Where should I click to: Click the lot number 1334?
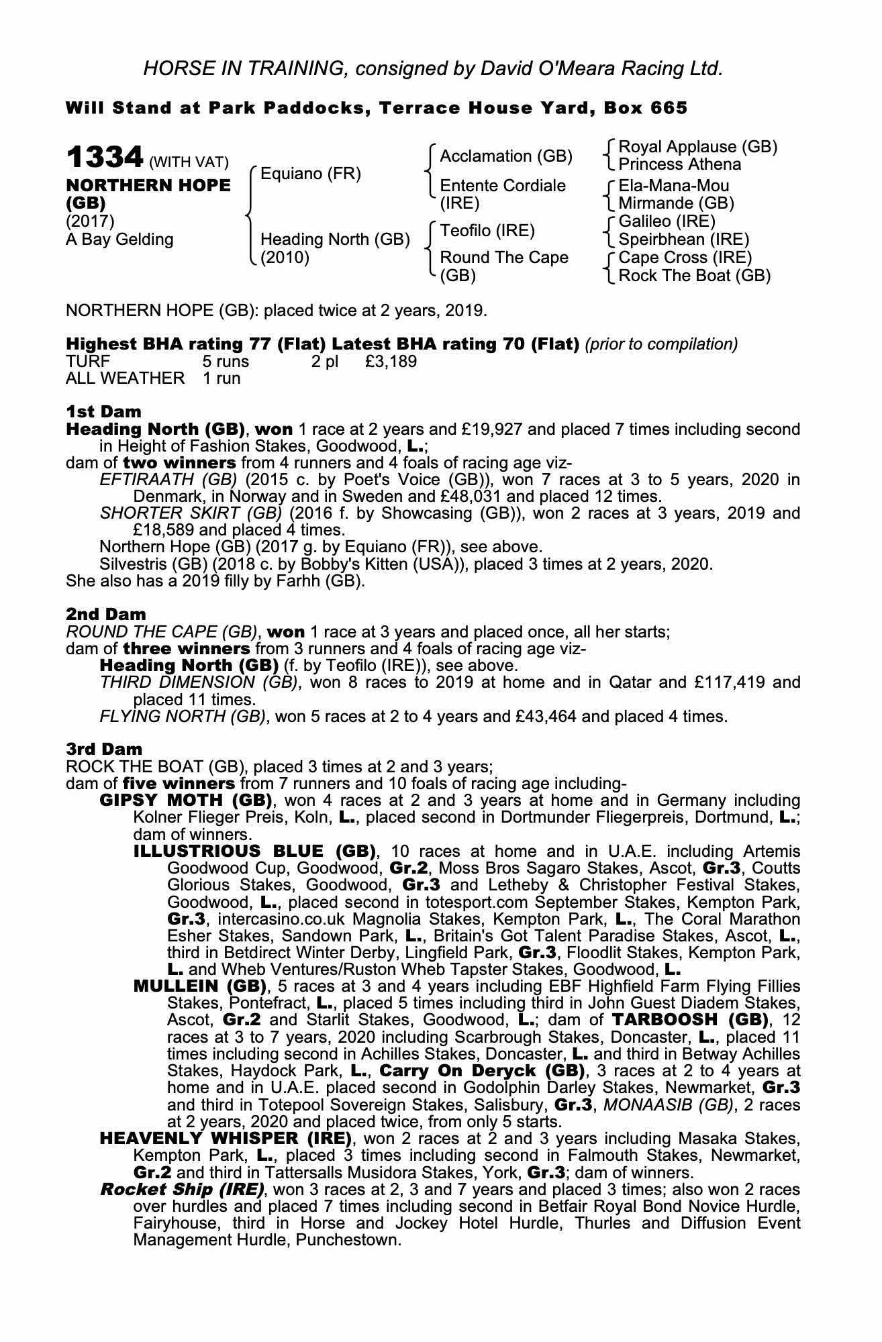[x=105, y=158]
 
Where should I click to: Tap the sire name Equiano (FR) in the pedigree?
[x=310, y=174]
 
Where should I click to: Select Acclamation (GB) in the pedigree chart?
[x=505, y=156]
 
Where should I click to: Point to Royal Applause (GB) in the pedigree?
[x=697, y=146]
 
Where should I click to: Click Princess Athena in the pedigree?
[x=679, y=164]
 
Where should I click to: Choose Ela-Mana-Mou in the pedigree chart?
[x=673, y=185]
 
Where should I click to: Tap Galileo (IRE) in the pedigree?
[x=667, y=221]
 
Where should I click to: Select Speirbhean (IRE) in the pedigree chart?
[x=683, y=240]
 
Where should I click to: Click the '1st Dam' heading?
[x=103, y=411]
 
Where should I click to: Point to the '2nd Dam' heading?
[x=105, y=614]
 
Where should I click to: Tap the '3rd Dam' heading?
[x=104, y=749]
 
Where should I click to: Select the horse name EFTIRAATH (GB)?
[x=168, y=480]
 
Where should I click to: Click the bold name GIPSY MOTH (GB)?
[x=185, y=801]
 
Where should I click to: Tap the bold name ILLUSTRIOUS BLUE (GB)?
[x=254, y=851]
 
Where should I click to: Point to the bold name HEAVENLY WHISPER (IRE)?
[x=226, y=1139]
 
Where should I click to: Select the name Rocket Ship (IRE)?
[x=182, y=1190]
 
